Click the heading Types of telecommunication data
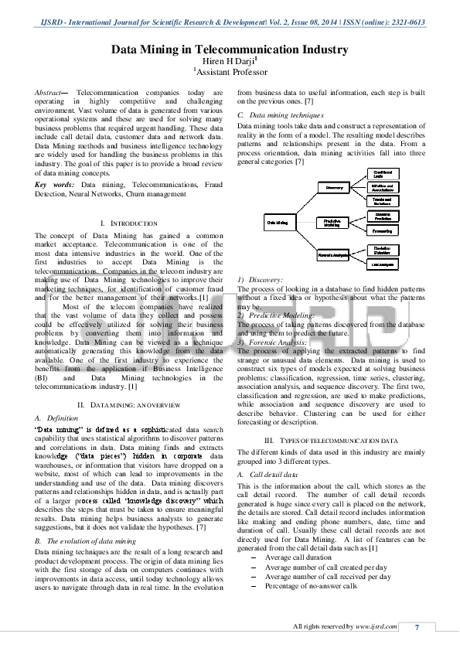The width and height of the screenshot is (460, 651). (331, 440)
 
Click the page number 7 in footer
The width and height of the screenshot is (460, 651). (418, 626)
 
